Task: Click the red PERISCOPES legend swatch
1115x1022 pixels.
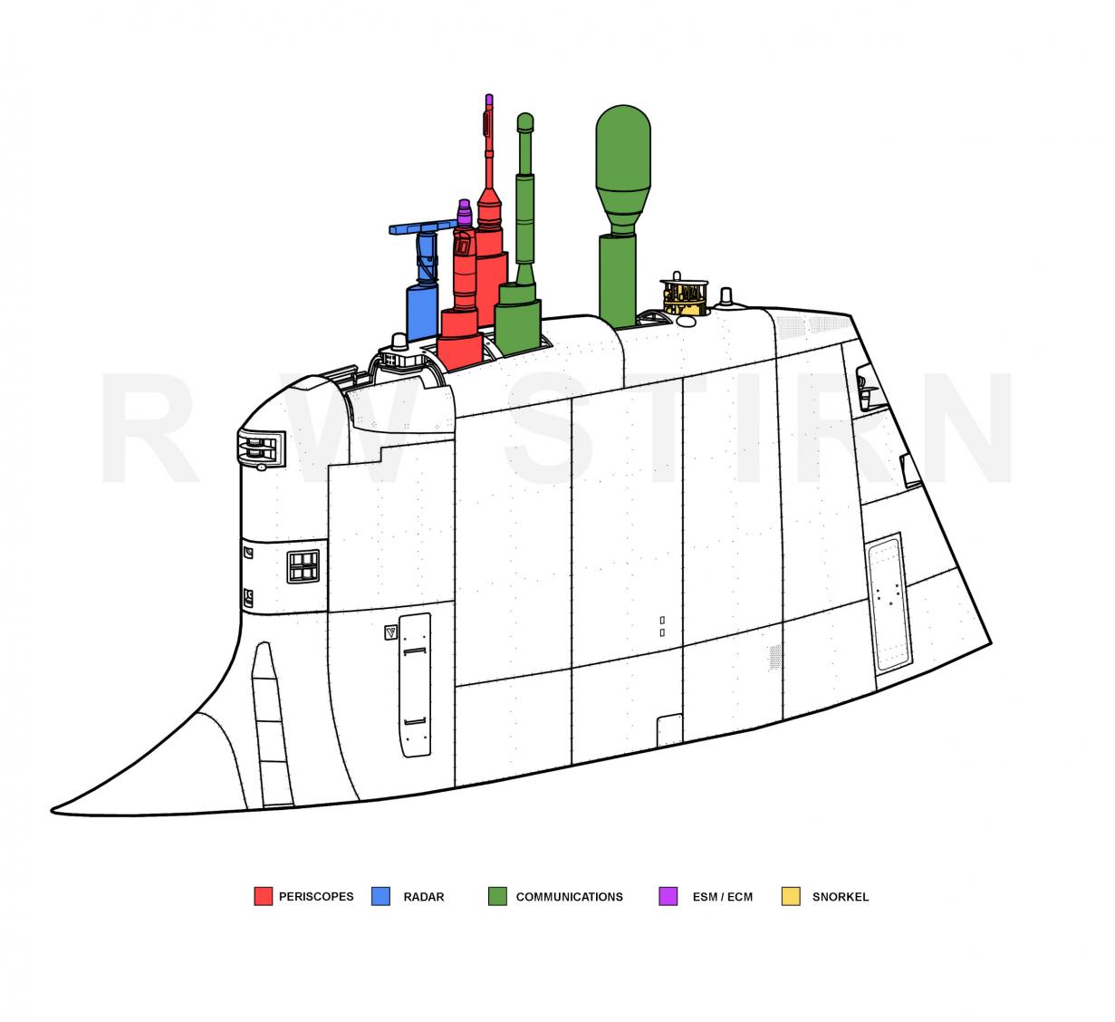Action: pyautogui.click(x=263, y=896)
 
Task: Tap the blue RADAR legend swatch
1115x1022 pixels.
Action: pyautogui.click(x=380, y=896)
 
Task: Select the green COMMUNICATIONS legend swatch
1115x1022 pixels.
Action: pyautogui.click(x=497, y=896)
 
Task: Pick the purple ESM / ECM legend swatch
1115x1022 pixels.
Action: pyautogui.click(x=668, y=896)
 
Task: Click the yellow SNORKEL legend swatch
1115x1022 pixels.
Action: pyautogui.click(x=791, y=896)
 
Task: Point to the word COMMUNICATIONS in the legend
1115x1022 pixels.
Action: pyautogui.click(x=569, y=897)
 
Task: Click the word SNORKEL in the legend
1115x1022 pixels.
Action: pyautogui.click(x=840, y=897)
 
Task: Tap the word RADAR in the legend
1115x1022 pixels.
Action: pyautogui.click(x=424, y=897)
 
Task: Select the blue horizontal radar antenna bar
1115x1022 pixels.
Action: pyautogui.click(x=422, y=227)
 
